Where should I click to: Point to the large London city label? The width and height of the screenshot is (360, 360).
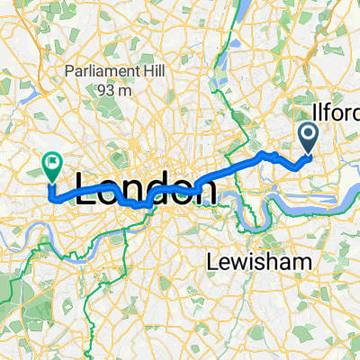tap(146, 190)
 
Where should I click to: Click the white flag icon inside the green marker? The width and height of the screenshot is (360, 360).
tap(51, 163)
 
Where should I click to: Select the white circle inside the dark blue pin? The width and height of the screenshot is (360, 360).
tap(308, 136)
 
